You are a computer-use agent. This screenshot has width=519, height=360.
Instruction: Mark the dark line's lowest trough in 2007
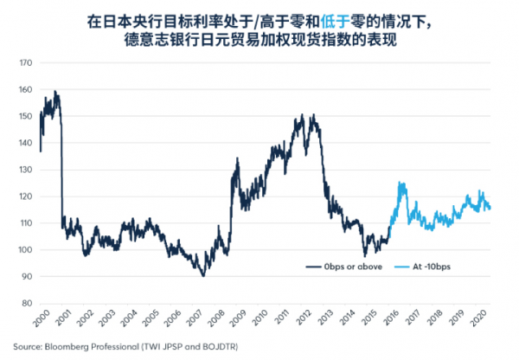click(203, 275)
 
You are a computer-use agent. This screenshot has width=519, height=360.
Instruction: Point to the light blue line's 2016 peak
click(400, 183)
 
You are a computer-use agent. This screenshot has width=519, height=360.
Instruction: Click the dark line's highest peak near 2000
click(55, 91)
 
